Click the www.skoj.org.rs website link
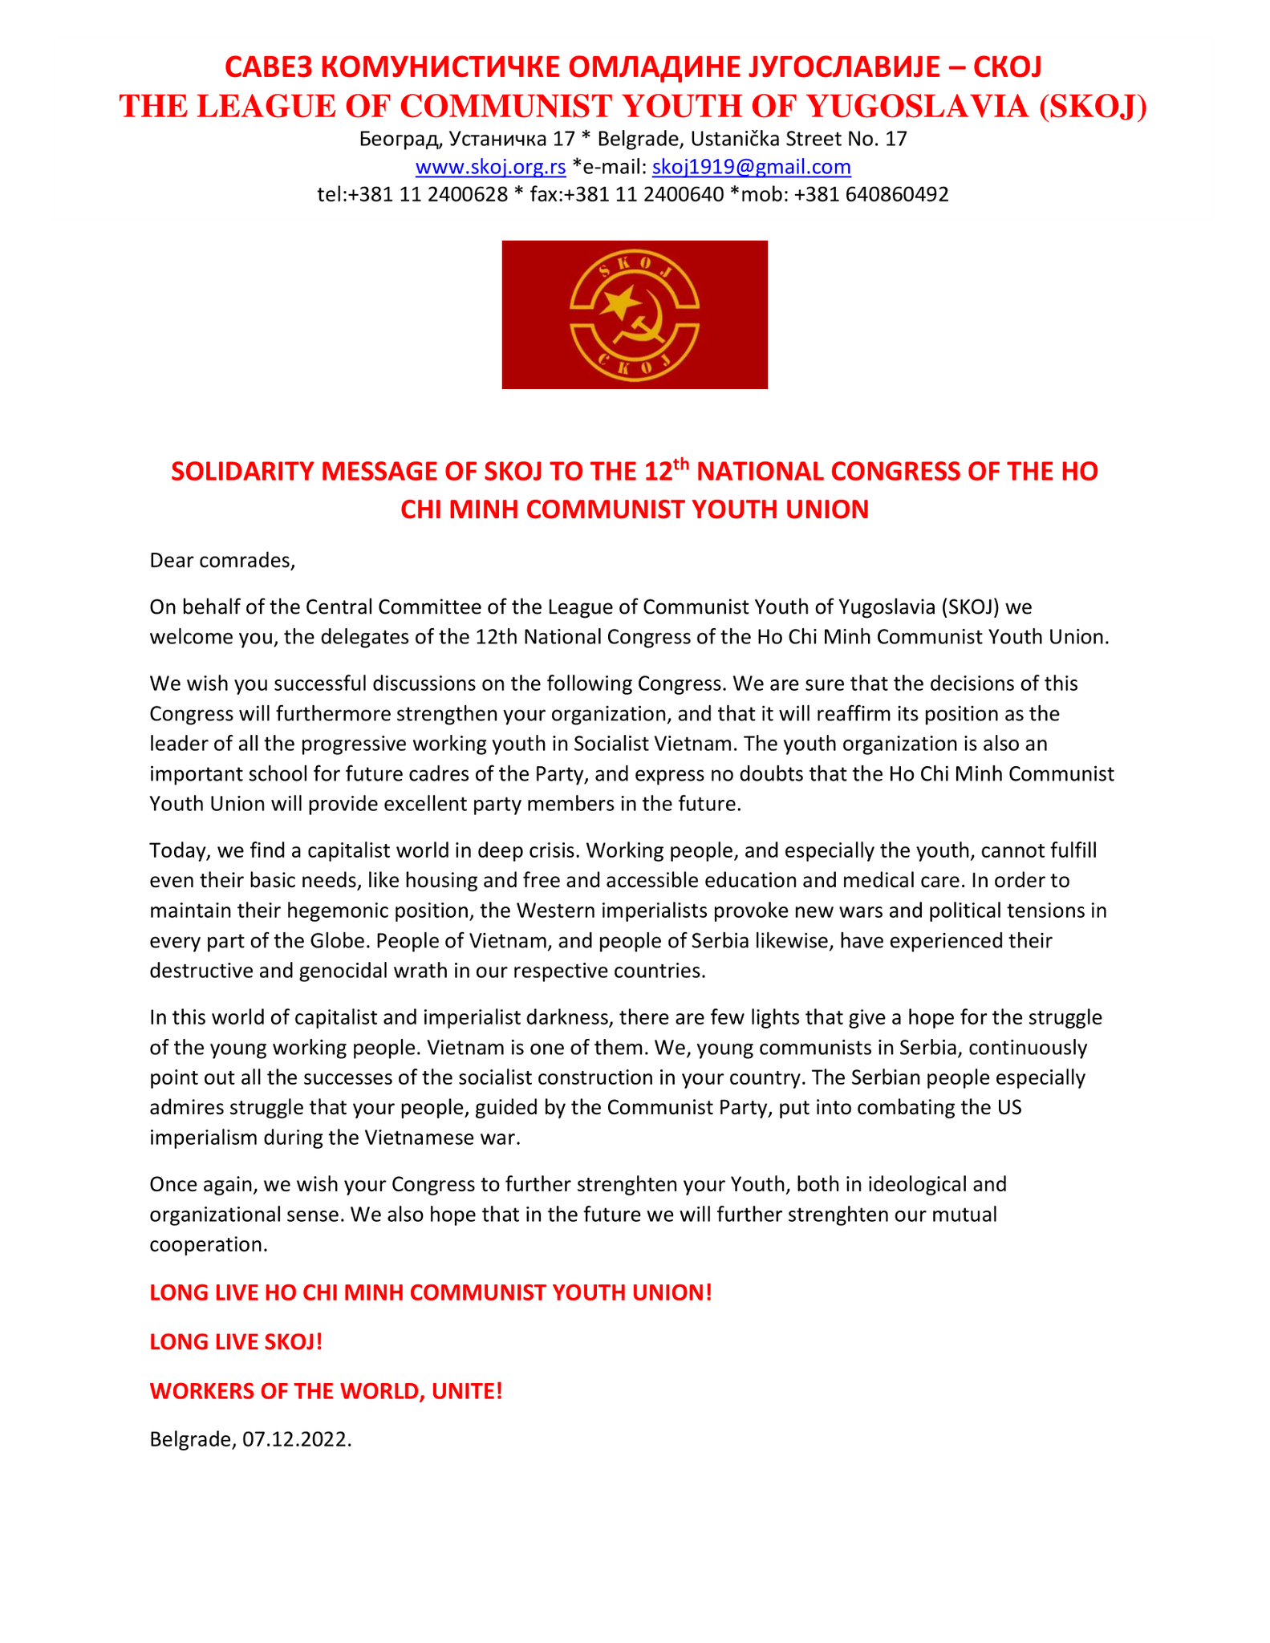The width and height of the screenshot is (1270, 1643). coord(490,167)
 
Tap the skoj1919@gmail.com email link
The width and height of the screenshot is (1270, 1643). coord(751,167)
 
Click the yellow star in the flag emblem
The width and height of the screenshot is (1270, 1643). coord(619,303)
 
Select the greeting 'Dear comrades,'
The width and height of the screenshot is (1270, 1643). coord(222,560)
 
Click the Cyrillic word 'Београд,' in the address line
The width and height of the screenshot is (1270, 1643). coord(401,140)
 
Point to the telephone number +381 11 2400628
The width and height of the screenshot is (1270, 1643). coord(428,194)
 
